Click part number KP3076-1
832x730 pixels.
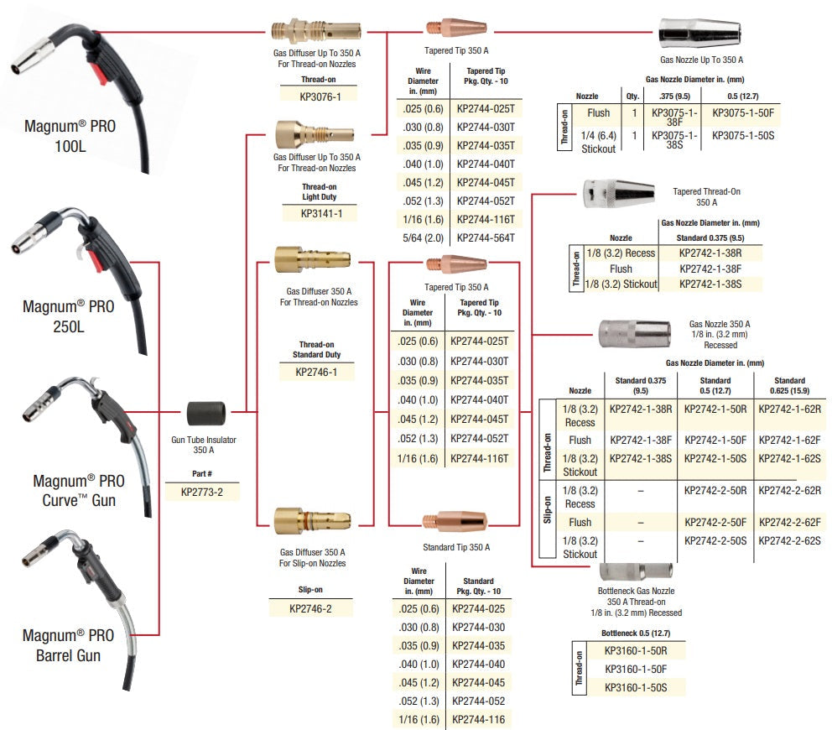tap(319, 96)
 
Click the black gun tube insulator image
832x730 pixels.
tap(207, 412)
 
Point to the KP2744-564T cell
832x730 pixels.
tap(486, 237)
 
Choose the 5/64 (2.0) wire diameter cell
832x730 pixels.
tap(424, 237)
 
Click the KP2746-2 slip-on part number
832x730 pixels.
tap(310, 608)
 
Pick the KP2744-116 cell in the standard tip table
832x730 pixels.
tap(479, 719)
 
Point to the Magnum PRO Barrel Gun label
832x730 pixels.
tap(73, 645)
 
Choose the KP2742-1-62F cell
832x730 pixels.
tap(788, 439)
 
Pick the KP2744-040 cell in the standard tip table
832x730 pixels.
tap(479, 664)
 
